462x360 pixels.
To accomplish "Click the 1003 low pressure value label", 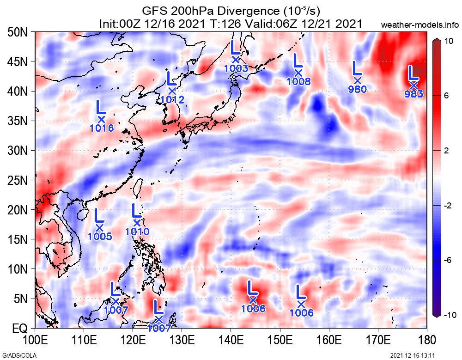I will [236, 68].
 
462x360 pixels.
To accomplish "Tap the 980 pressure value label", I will [357, 89].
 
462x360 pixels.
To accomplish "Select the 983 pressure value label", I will [413, 94].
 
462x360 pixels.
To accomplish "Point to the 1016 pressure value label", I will [102, 128].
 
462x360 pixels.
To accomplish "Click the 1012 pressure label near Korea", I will [172, 99].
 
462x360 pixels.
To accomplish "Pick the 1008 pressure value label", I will [298, 82].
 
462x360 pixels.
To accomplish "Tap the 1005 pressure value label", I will [100, 237].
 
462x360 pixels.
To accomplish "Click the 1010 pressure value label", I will [137, 232].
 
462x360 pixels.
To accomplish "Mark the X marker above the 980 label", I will [357, 80].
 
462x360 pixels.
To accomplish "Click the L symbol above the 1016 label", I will [100, 107].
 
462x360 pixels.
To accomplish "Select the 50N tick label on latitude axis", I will [19, 32].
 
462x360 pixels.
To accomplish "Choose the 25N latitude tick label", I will [19, 180].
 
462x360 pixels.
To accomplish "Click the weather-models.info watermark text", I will [420, 24].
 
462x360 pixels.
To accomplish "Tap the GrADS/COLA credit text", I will [14, 355].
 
